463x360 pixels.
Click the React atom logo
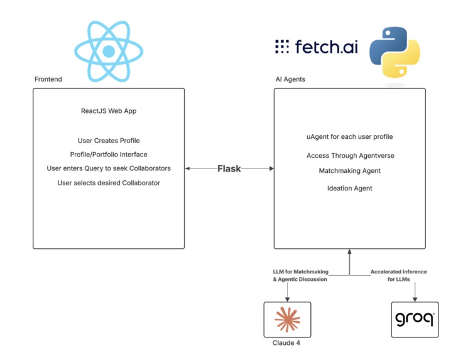(x=109, y=52)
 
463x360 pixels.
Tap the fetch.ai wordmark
(x=316, y=46)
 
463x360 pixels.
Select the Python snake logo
(x=395, y=52)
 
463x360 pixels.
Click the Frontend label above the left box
(x=48, y=79)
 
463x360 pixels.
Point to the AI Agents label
(x=290, y=79)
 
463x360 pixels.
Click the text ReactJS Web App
(x=109, y=111)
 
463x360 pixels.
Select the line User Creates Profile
(x=109, y=141)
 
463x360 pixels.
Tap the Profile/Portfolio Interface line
(x=109, y=155)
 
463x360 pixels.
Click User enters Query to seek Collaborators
(x=109, y=168)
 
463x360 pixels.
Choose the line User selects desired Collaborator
(x=109, y=183)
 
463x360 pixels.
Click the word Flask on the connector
(x=229, y=168)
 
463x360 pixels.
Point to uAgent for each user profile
(x=350, y=137)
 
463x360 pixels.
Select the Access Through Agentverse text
(x=350, y=156)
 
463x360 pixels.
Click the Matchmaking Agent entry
(x=350, y=171)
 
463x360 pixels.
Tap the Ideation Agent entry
(x=350, y=188)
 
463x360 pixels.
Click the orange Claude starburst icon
(x=287, y=320)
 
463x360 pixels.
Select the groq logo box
(x=415, y=320)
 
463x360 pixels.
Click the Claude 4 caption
(x=286, y=343)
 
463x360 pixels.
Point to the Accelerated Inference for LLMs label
(x=399, y=275)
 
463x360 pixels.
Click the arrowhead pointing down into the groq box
(x=415, y=300)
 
